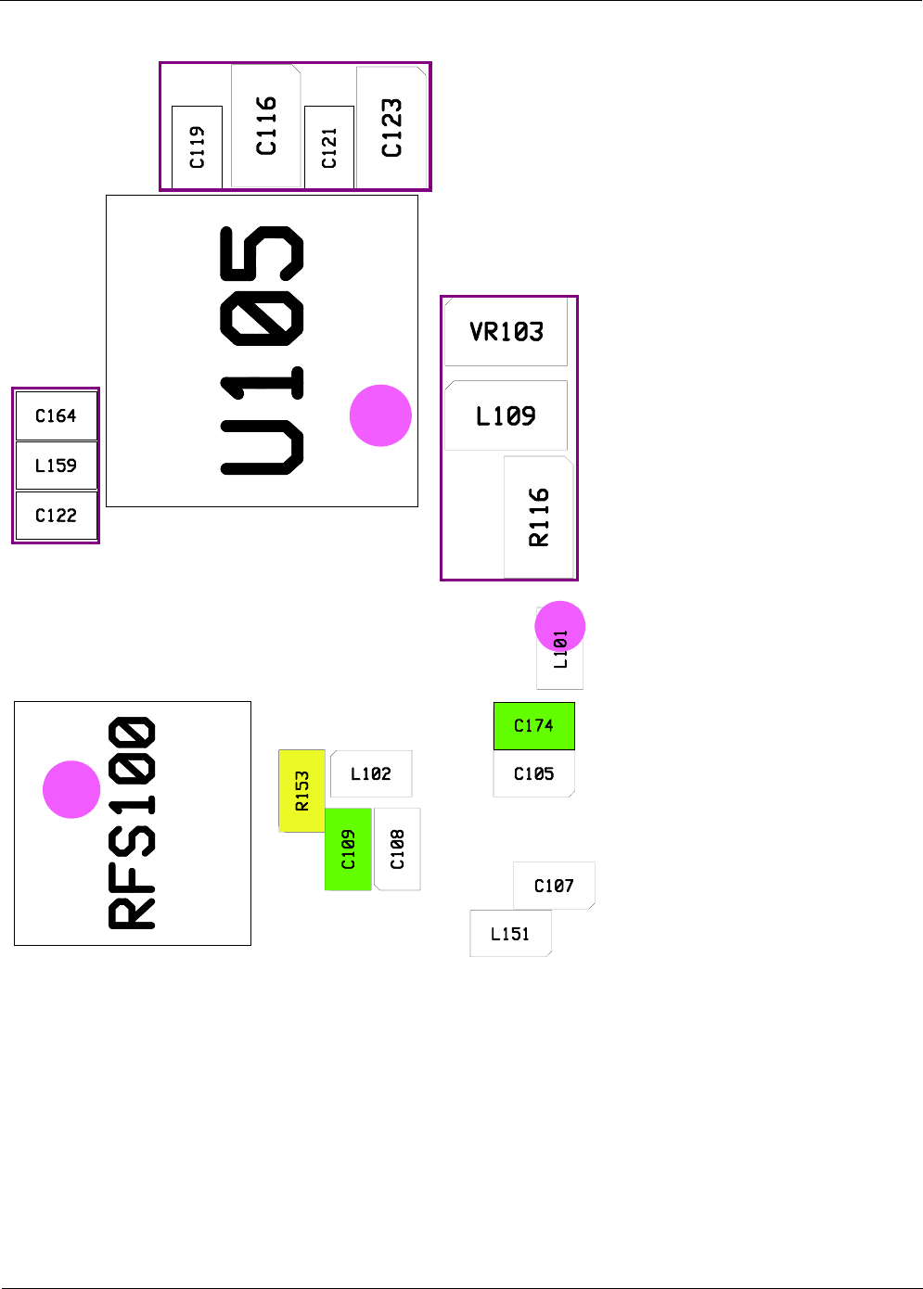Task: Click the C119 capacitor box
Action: (197, 147)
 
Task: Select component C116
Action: (266, 126)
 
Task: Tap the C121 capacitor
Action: (329, 147)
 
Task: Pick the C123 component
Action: (391, 127)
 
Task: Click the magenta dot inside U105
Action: (380, 415)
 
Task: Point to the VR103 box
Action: (506, 332)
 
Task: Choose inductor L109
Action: (506, 416)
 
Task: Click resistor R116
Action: (538, 517)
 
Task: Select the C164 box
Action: (57, 416)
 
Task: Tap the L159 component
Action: (57, 466)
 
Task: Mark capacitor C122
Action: (57, 516)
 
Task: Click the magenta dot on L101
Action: (560, 627)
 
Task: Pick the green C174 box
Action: (534, 726)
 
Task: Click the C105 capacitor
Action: (534, 773)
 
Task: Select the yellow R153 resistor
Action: (301, 791)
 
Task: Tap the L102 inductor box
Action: (371, 773)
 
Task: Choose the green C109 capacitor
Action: (348, 849)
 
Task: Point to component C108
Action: (397, 849)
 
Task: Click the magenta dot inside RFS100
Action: (71, 789)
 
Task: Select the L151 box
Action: (510, 933)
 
